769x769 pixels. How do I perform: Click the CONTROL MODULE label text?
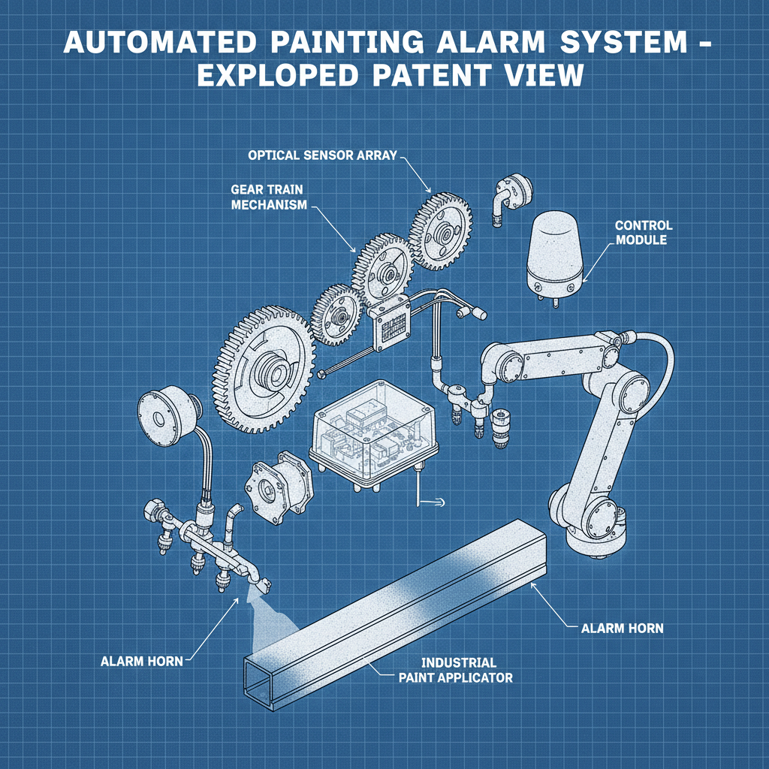[644, 233]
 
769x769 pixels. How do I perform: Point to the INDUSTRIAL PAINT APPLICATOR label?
[458, 670]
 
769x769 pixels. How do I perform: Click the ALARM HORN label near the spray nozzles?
[142, 662]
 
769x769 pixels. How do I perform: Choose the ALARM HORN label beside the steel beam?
[623, 628]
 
